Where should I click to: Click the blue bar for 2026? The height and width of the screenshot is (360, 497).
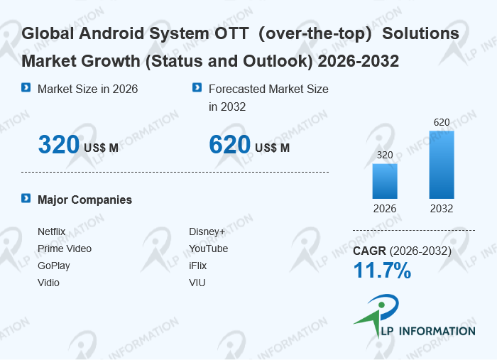[385, 181]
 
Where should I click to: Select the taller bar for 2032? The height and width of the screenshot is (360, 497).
[441, 165]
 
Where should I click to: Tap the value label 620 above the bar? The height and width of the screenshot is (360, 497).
[442, 122]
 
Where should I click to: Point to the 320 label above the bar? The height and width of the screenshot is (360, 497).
[385, 155]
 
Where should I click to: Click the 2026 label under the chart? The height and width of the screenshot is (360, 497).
[385, 209]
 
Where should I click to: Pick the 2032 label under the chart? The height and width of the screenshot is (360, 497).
[442, 209]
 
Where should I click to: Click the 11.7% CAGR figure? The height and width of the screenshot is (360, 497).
[382, 271]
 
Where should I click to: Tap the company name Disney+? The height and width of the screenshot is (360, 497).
[207, 231]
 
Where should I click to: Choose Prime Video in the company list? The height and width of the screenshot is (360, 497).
[65, 249]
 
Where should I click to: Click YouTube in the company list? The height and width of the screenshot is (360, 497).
[209, 249]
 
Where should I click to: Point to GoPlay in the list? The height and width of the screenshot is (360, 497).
[54, 266]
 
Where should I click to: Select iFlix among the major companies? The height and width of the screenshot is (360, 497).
[198, 266]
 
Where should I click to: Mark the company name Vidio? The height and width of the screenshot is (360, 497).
[48, 283]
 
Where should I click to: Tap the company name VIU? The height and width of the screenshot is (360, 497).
[197, 283]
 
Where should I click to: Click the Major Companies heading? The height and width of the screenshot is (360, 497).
[84, 200]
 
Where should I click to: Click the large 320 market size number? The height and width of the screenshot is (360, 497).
[58, 145]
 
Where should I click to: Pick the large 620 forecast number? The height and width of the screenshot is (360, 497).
[229, 145]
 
